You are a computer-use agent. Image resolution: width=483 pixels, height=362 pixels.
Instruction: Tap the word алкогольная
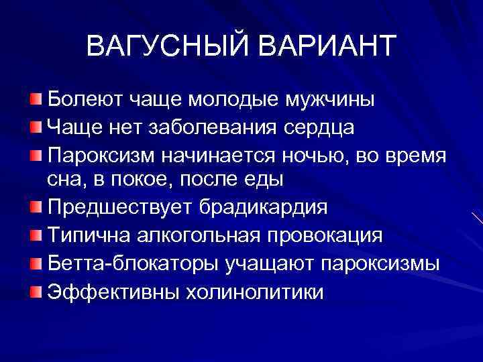(197, 235)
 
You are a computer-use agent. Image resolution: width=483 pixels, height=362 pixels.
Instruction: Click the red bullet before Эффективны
(36, 291)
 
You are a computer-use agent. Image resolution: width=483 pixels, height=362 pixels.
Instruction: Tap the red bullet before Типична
(36, 235)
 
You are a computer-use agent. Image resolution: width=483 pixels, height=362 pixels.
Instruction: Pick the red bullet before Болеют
(36, 99)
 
